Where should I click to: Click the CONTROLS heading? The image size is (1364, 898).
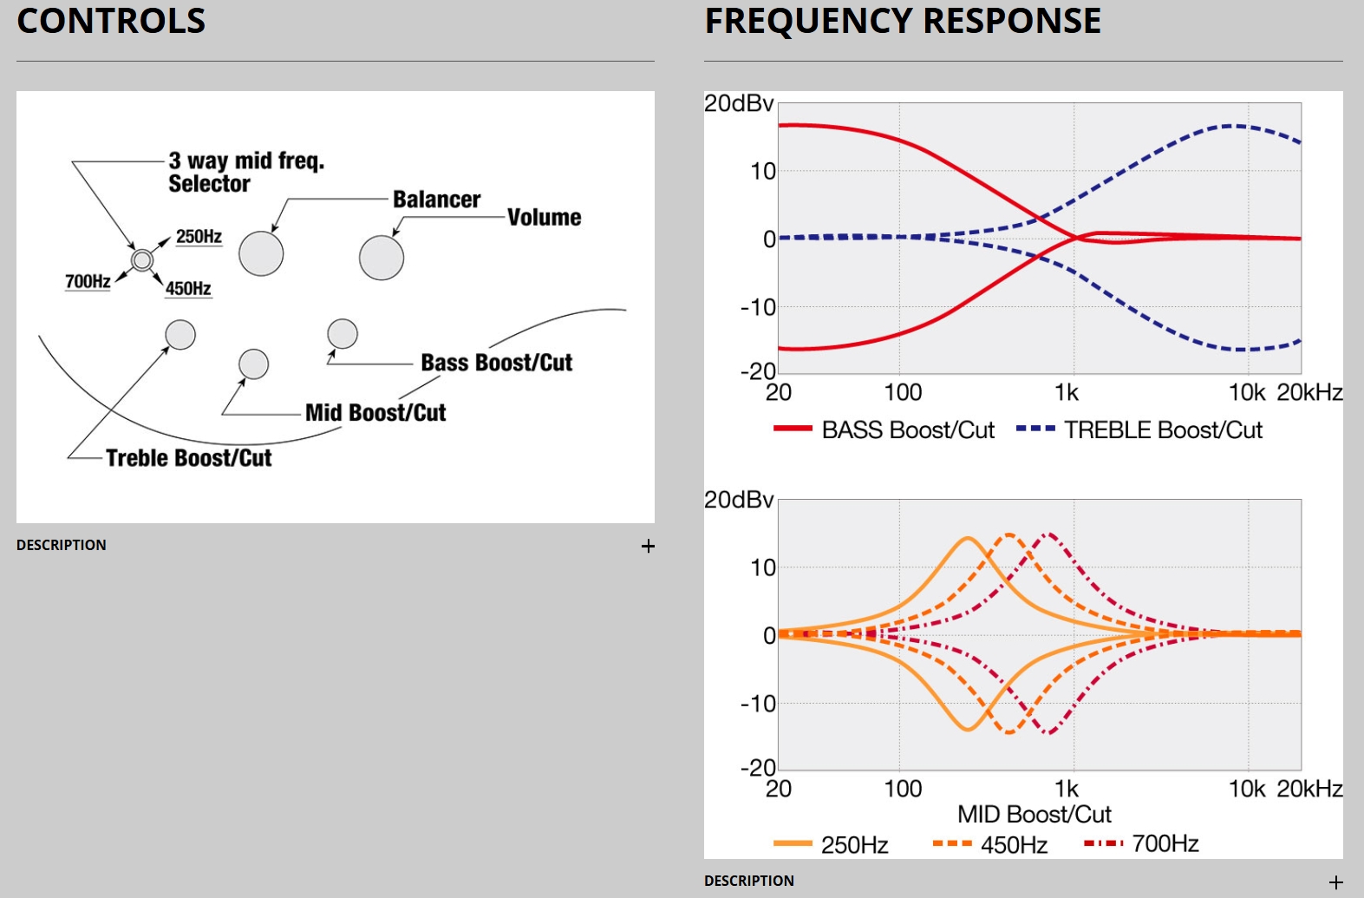point(111,21)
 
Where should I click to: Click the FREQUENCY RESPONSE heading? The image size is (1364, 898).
point(903,21)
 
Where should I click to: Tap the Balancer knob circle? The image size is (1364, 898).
point(261,254)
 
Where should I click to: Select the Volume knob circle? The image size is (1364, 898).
point(382,258)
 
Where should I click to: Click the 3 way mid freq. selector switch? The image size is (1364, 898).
point(142,259)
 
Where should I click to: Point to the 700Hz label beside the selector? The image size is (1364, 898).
point(88,281)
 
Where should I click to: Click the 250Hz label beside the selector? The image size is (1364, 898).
point(199,236)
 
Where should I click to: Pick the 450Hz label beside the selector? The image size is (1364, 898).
point(188,288)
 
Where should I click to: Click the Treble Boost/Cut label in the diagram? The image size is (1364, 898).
point(188,458)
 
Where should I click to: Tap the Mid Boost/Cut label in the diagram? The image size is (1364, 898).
point(375,413)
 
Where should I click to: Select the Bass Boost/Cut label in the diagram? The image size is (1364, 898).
point(496,363)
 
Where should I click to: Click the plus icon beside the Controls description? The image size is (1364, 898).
point(648,546)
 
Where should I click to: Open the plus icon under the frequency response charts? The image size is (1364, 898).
point(1335,882)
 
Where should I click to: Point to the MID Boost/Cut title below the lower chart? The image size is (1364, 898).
point(1034,815)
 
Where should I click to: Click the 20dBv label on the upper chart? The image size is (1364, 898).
point(739,103)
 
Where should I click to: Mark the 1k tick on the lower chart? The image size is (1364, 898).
point(1067,789)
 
